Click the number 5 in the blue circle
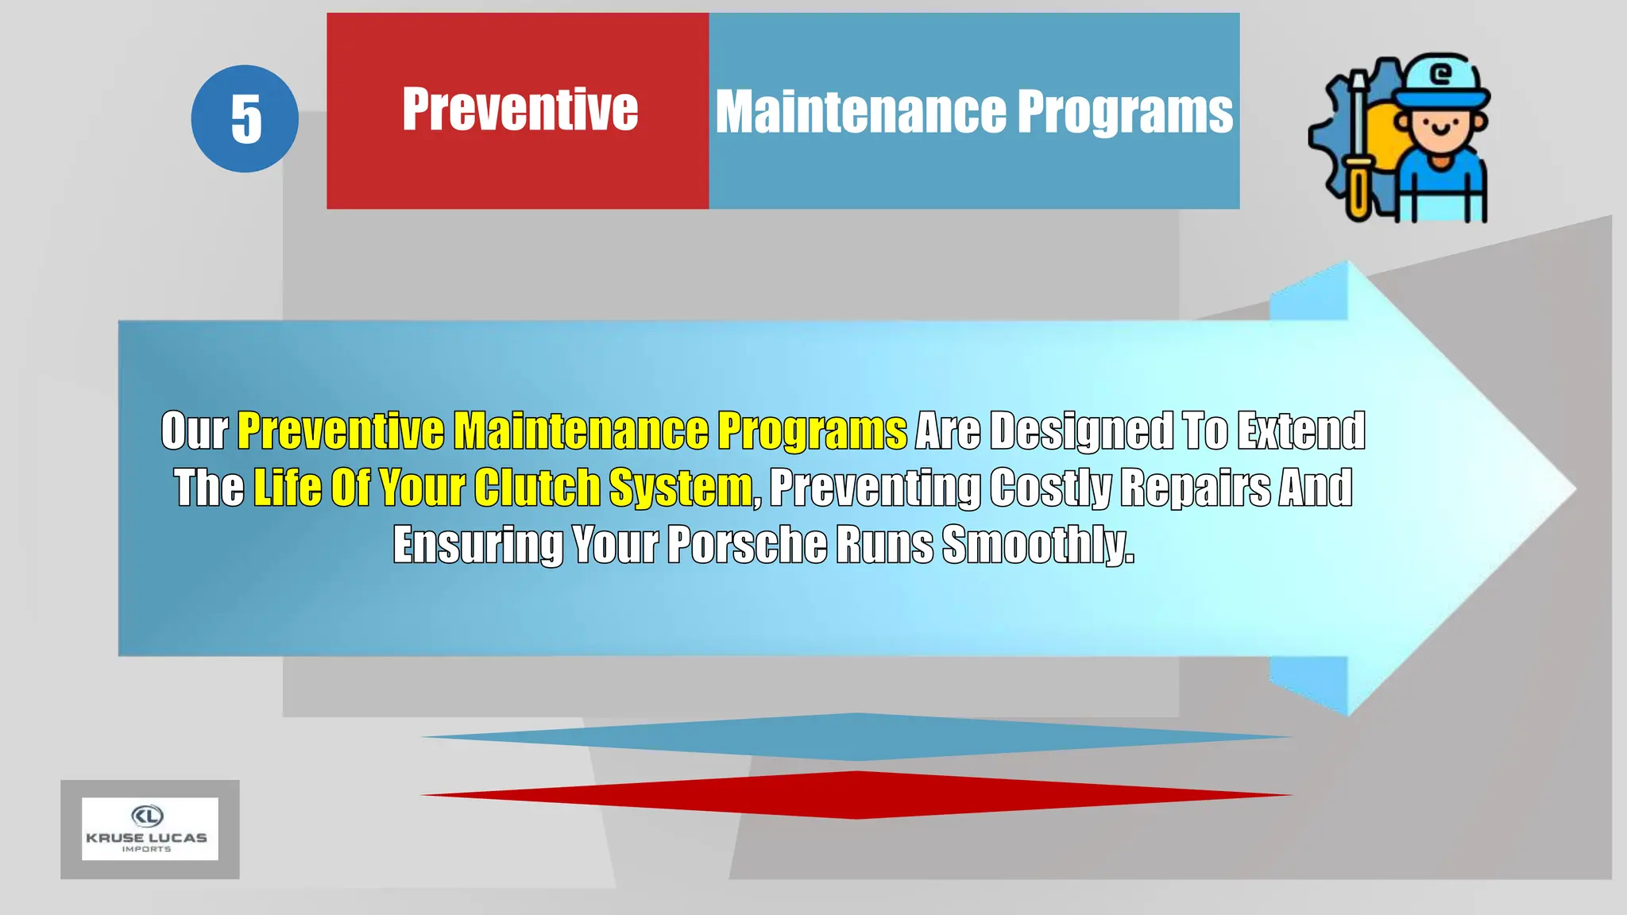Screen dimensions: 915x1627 245,119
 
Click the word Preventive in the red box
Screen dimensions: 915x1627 520,110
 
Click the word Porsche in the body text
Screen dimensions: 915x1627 747,545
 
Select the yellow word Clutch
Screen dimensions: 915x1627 537,487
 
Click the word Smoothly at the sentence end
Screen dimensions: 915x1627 1038,545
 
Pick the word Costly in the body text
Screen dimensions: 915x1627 1050,487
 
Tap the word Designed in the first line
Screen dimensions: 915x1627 1082,430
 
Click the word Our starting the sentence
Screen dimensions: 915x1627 195,430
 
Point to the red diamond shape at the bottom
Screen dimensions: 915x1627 856,794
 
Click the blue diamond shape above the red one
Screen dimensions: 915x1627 856,737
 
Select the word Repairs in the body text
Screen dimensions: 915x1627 1196,487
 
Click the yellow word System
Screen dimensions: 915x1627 680,487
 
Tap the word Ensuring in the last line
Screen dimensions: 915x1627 478,545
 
